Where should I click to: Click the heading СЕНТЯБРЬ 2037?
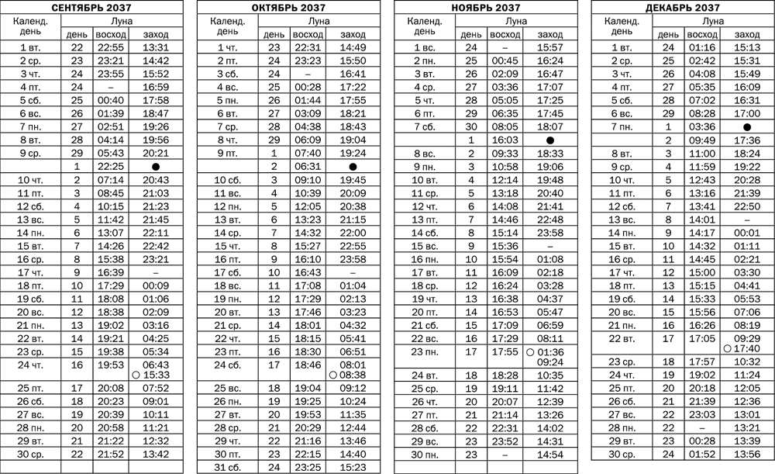[91, 8]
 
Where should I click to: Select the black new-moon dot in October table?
[353, 167]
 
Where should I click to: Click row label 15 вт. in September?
[33, 246]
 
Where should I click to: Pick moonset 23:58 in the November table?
[550, 232]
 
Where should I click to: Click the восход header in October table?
[304, 35]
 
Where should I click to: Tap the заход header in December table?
[746, 35]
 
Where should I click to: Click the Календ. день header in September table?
[33, 28]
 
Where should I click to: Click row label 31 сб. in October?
[230, 466]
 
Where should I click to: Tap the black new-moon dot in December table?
[746, 126]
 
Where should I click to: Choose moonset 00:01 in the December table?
[746, 232]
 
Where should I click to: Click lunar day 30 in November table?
[470, 126]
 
